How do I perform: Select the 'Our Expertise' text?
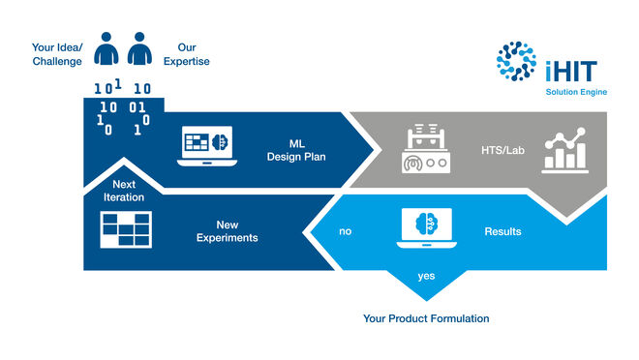(x=193, y=54)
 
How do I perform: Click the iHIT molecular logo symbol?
(x=515, y=61)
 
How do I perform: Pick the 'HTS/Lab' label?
(x=501, y=150)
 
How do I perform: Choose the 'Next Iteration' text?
(x=123, y=191)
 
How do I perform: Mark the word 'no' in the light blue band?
(x=345, y=232)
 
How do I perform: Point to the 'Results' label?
(x=502, y=232)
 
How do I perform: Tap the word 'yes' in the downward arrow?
(x=426, y=276)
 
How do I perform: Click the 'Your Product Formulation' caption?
(x=426, y=318)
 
